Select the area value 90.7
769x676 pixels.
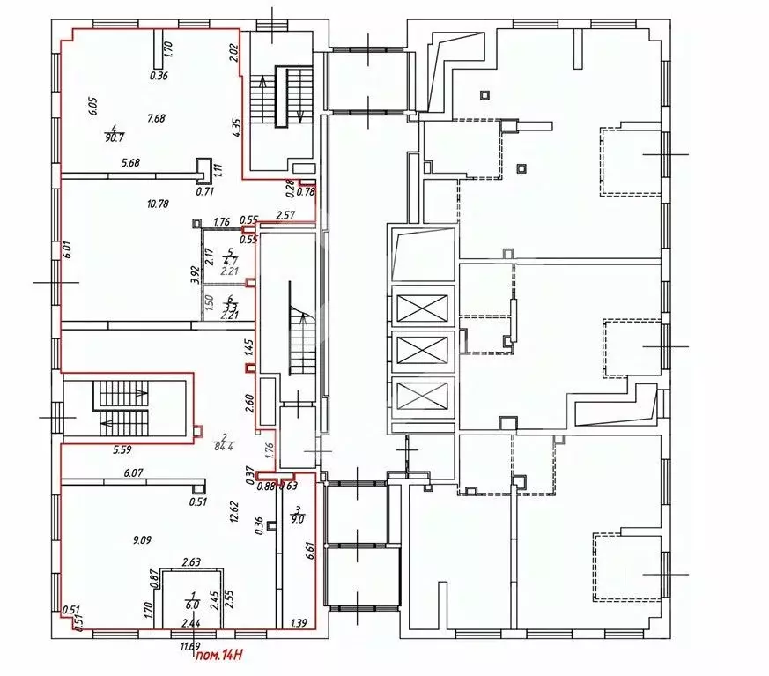click(113, 137)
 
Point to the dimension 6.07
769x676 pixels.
click(133, 473)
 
